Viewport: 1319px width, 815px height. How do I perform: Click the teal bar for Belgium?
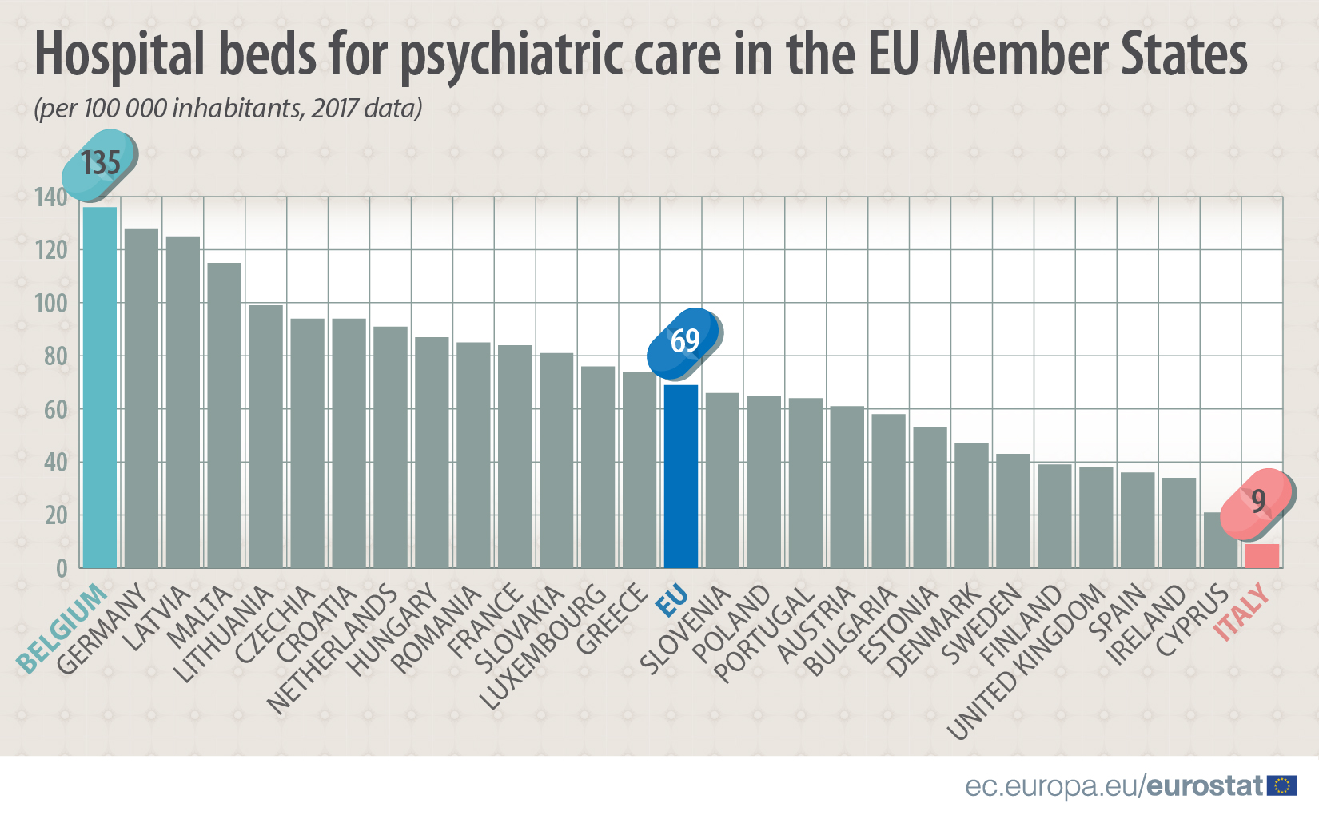100,388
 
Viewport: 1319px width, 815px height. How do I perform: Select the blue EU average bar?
681,476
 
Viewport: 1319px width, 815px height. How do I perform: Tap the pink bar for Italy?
1262,556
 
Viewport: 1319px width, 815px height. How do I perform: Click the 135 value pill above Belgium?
100,164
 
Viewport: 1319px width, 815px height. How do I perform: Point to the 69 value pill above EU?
684,342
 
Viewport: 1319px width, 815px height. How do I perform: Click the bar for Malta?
225,415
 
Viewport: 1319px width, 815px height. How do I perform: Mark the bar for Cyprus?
1221,540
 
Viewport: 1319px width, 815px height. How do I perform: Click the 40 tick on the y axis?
55,463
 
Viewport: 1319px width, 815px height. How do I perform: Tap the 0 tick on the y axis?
62,568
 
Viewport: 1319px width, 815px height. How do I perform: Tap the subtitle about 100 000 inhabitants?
228,108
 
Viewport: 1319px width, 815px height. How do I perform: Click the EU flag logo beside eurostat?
1282,785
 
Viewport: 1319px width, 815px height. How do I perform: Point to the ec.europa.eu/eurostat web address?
1114,786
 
